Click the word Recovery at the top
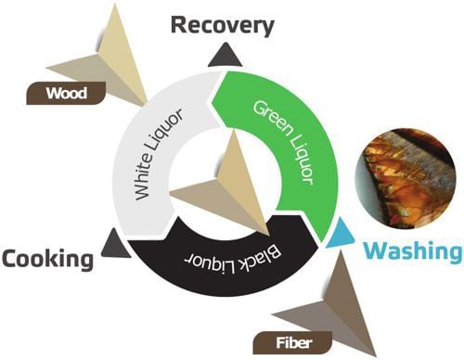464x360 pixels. click(223, 26)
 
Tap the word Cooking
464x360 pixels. click(47, 259)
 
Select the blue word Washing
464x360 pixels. click(413, 251)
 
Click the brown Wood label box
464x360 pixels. click(66, 93)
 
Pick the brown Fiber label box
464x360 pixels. click(292, 342)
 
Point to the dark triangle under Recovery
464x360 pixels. click(226, 55)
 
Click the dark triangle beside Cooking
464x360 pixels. click(115, 244)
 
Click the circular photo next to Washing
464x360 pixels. click(406, 178)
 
